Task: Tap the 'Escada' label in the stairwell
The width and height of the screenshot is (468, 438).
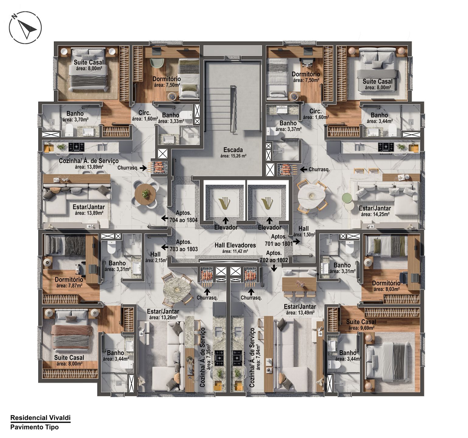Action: point(233,150)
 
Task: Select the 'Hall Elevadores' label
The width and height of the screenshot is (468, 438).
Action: point(235,245)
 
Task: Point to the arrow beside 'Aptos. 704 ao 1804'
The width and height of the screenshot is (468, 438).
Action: point(165,218)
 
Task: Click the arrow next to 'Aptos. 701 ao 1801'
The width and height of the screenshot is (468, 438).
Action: point(296,242)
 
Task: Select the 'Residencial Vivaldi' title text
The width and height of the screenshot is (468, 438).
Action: point(40,418)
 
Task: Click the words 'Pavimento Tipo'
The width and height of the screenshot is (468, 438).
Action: point(34,427)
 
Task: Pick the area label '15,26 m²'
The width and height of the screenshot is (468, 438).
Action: point(233,156)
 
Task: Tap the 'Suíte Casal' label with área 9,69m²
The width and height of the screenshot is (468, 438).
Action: point(361,322)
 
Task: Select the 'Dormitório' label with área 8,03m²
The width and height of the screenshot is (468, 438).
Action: point(386,283)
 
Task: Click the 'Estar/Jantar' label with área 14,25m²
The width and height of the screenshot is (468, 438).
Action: point(375,208)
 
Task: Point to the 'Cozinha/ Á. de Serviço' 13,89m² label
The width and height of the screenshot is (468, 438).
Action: point(88,161)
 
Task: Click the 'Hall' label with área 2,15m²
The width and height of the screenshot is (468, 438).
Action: point(155,254)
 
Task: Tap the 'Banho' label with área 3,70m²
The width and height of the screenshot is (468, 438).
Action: point(75,113)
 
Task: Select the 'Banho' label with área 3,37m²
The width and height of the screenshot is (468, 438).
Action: point(288,123)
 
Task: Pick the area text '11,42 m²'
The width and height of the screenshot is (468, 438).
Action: point(235,251)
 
